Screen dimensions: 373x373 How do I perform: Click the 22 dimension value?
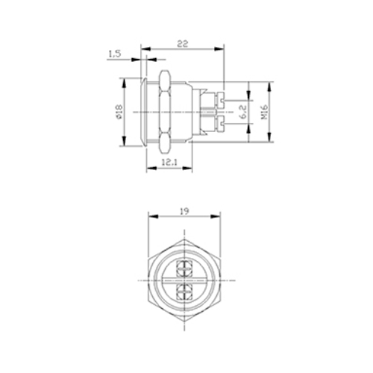tap(183, 44)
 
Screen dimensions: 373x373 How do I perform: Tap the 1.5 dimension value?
tap(115, 54)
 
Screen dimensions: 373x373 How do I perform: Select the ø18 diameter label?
tap(119, 112)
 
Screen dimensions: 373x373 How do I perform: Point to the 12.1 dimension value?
tap(169, 163)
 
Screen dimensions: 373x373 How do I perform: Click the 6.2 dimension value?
tap(243, 112)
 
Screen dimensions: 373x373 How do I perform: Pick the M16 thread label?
tap(264, 112)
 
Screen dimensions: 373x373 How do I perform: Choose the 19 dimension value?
tap(184, 211)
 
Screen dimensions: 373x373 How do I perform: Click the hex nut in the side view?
tap(165, 112)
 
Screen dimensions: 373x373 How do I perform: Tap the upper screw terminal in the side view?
tap(221, 101)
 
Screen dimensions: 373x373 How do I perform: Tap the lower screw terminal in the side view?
tap(221, 124)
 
